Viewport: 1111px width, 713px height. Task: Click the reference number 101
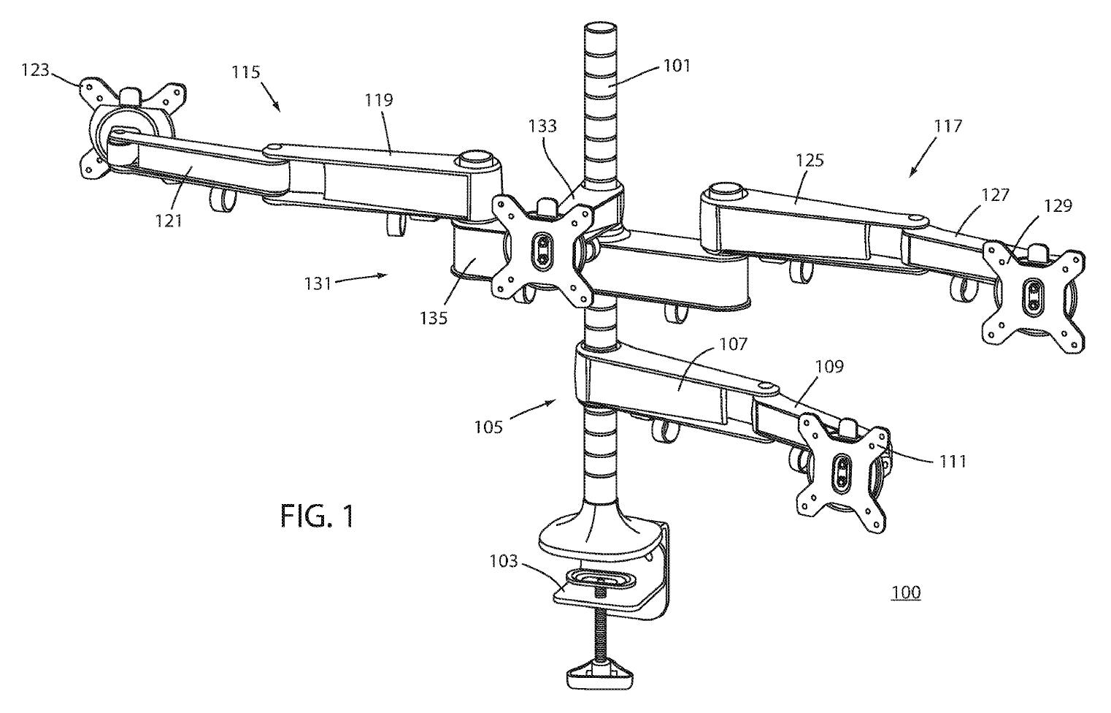tap(676, 66)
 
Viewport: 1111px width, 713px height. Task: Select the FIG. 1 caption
tap(318, 516)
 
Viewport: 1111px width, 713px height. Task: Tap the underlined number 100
tap(905, 592)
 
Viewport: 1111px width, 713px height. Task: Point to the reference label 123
tap(35, 71)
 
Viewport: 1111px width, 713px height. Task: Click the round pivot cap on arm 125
tap(723, 190)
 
